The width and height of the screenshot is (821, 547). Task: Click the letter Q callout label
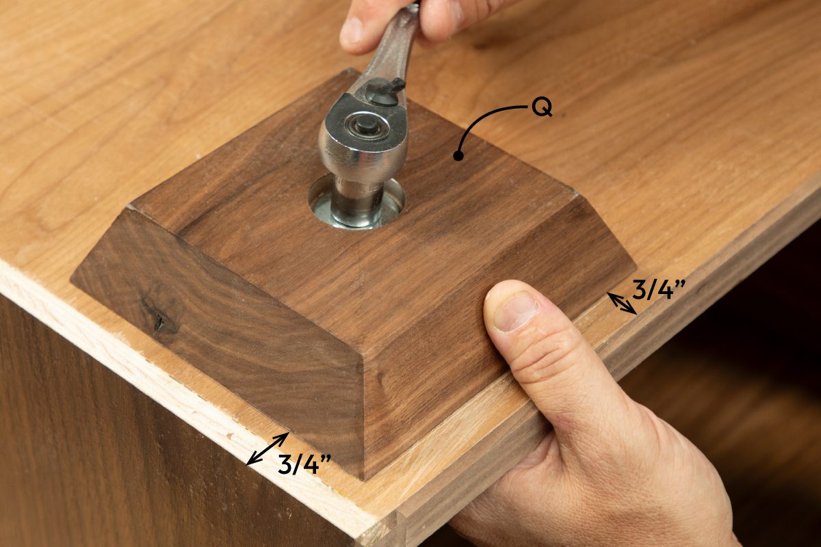click(x=542, y=109)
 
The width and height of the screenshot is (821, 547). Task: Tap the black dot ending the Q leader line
click(x=458, y=156)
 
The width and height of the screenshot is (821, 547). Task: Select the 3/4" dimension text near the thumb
click(x=657, y=291)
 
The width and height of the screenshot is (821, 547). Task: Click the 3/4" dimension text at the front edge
click(x=304, y=464)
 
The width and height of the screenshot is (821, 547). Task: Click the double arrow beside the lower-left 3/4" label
click(x=267, y=449)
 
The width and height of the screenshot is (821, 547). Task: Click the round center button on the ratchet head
click(x=367, y=124)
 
